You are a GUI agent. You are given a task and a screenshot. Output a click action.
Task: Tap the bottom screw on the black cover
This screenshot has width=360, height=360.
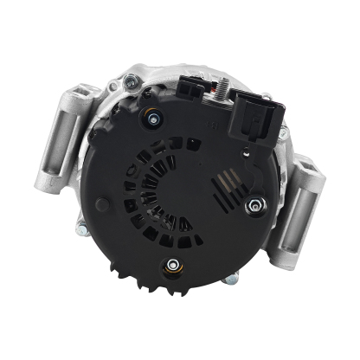click(173, 264)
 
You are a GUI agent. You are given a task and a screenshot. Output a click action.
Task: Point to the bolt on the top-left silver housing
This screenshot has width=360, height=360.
click(131, 81)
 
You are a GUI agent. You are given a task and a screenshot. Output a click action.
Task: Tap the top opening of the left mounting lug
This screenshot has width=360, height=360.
click(81, 93)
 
